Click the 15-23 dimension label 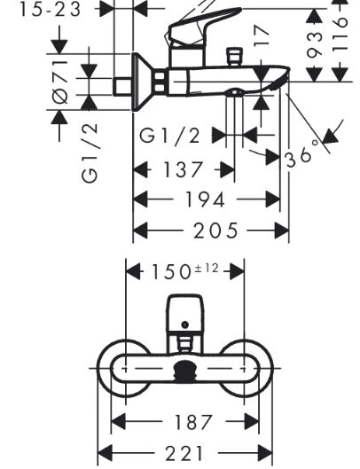tap(51, 10)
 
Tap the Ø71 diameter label tap(60, 82)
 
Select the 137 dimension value tap(183, 169)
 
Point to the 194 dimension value tap(205, 199)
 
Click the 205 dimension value tap(215, 231)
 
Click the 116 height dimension tap(340, 35)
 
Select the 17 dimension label tap(261, 36)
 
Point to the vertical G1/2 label tap(90, 152)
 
